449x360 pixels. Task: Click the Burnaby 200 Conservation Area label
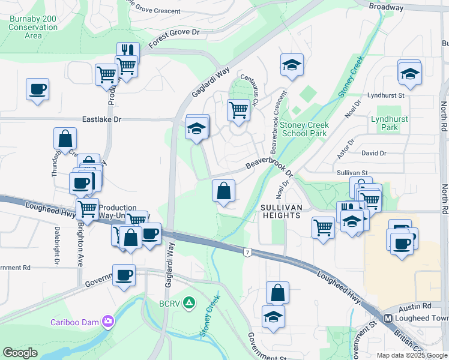[x=33, y=27]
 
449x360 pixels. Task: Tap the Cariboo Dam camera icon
[x=108, y=321]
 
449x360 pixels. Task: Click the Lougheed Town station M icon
[x=388, y=317]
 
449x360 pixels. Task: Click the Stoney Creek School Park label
[x=305, y=129]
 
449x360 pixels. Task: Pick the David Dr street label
[x=374, y=154]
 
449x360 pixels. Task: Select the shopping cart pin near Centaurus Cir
[x=239, y=110]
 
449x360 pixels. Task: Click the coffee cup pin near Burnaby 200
[x=37, y=89]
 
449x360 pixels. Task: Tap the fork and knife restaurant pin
[x=128, y=52]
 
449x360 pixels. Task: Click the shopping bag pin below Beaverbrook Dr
[x=223, y=191]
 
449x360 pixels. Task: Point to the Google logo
[x=20, y=353]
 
